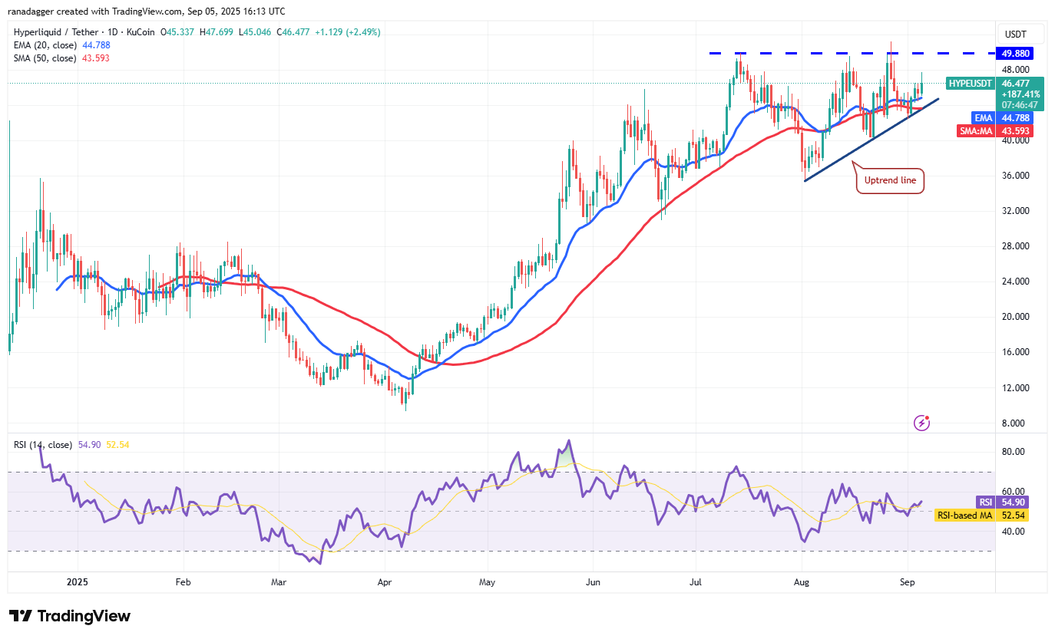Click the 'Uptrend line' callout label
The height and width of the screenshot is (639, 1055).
pos(890,180)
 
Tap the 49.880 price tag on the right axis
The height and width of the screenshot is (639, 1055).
pos(1014,54)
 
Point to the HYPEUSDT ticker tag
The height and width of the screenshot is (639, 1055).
pos(970,83)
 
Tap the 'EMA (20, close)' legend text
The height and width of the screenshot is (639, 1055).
pos(43,45)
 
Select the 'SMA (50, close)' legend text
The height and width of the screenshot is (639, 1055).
pos(43,58)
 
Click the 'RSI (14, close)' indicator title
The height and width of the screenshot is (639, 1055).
pos(43,444)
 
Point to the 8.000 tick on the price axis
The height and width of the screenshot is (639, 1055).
pos(1014,423)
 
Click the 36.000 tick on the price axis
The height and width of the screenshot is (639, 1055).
pos(1014,176)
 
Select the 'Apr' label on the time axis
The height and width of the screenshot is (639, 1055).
pos(385,583)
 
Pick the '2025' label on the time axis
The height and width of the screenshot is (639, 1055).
pos(78,583)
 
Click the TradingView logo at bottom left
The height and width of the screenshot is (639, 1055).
pos(70,616)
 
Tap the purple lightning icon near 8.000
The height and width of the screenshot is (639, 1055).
pos(922,423)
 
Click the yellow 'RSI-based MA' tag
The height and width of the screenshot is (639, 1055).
pos(964,515)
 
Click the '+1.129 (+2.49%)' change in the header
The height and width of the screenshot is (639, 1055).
pos(344,32)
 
